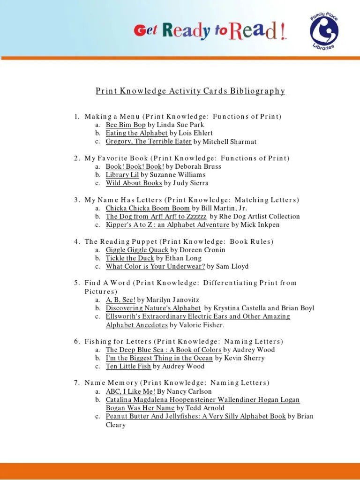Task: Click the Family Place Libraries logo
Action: pyautogui.click(x=324, y=33)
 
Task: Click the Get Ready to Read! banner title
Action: pyautogui.click(x=210, y=31)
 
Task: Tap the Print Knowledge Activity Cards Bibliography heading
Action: pyautogui.click(x=190, y=91)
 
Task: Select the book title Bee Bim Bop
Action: pyautogui.click(x=126, y=125)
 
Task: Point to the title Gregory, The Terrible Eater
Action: pyautogui.click(x=149, y=142)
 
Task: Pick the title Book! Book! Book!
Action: pyautogui.click(x=135, y=166)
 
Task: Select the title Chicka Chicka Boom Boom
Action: pyautogui.click(x=148, y=208)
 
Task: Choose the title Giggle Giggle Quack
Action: pyautogui.click(x=137, y=250)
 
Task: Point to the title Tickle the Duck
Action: pyautogui.click(x=130, y=258)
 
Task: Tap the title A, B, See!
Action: pyautogui.click(x=120, y=300)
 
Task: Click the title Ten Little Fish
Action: pyautogui.click(x=128, y=367)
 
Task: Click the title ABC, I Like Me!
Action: pyautogui.click(x=130, y=391)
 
